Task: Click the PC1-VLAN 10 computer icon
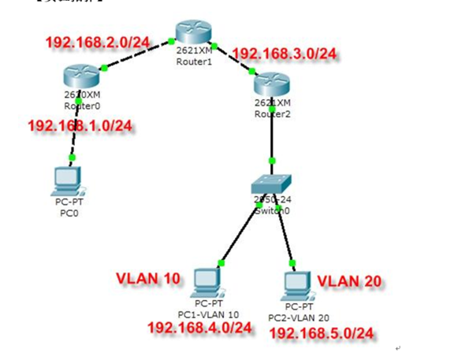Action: pyautogui.click(x=206, y=280)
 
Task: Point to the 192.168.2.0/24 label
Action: pyautogui.click(x=98, y=41)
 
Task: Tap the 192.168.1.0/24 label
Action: pyautogui.click(x=80, y=125)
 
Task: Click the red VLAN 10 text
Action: pyautogui.click(x=148, y=278)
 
